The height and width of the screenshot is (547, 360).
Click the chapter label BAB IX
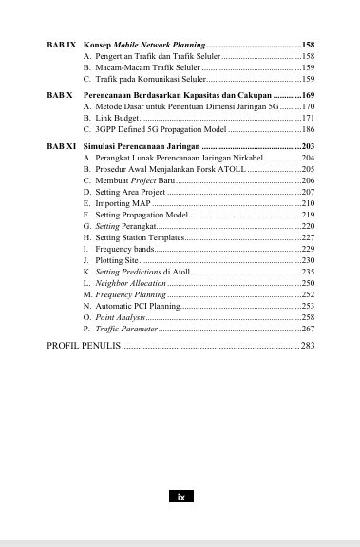[x=62, y=46]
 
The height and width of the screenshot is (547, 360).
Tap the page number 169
[x=307, y=96]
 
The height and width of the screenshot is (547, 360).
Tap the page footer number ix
[x=180, y=496]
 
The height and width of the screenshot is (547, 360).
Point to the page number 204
[x=307, y=158]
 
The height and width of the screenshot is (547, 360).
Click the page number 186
[x=307, y=128]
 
